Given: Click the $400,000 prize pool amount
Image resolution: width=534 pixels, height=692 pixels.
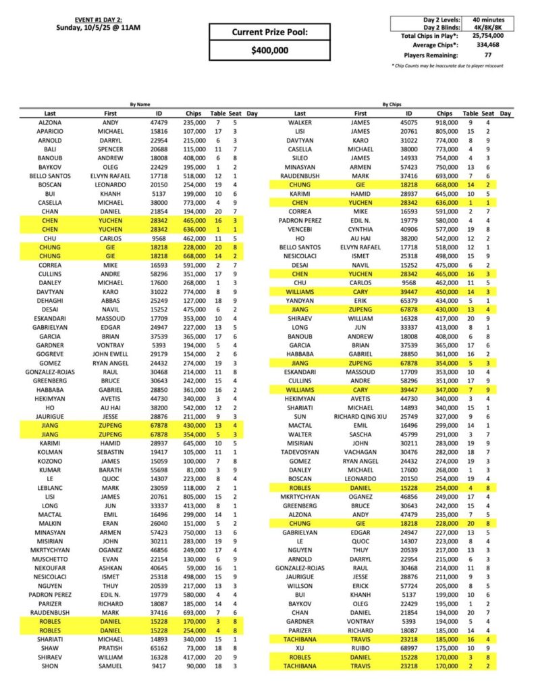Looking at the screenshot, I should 269,50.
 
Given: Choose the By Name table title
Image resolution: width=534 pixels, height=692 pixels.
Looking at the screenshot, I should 138,105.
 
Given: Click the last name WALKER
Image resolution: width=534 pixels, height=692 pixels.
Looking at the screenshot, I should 300,122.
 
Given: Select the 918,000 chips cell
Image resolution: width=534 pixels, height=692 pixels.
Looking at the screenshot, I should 444,122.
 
